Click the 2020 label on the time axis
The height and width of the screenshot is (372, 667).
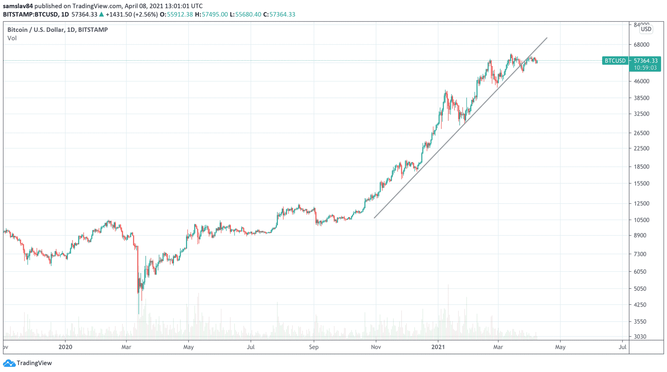pos(65,347)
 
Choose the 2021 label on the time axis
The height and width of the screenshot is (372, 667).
pos(438,347)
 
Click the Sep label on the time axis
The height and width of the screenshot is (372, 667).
pos(314,347)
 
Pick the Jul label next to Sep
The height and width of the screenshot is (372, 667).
pos(250,347)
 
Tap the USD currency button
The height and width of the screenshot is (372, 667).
pos(646,29)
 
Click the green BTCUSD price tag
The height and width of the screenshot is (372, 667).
pos(615,61)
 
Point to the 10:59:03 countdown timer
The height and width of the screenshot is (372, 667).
pos(645,68)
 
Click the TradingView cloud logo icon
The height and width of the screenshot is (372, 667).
pos(9,363)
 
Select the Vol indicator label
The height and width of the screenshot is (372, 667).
pos(12,38)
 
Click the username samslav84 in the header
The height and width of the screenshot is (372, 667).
pos(18,6)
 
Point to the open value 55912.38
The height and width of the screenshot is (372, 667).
pos(180,14)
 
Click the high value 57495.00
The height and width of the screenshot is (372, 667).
pos(215,14)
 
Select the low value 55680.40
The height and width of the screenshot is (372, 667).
pos(248,14)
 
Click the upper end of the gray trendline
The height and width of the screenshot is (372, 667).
pos(547,38)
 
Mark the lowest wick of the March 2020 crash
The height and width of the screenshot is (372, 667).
pos(139,313)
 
